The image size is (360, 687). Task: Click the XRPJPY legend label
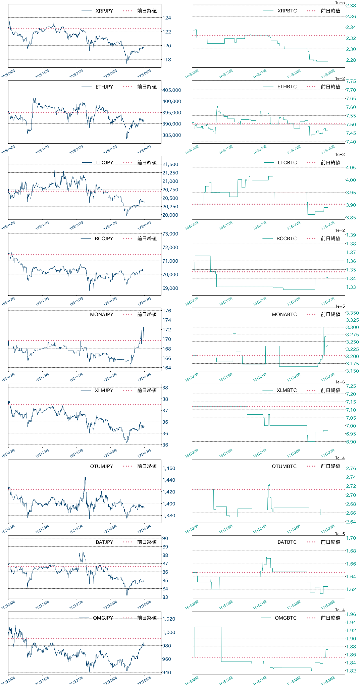click(104, 11)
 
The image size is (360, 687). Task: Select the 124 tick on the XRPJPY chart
click(166, 18)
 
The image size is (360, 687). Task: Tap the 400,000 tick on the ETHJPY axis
click(171, 101)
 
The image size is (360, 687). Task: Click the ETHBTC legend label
click(287, 87)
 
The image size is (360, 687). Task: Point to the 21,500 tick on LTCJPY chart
click(170, 164)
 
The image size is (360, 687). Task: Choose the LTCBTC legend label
click(287, 162)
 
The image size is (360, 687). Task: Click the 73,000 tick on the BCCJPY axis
click(170, 234)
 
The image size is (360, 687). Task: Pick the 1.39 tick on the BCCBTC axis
click(351, 235)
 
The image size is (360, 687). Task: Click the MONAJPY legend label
click(101, 314)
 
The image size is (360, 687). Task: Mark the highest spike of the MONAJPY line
click(141, 324)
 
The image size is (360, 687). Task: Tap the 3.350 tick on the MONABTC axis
click(352, 313)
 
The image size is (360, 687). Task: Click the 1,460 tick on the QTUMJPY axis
click(169, 468)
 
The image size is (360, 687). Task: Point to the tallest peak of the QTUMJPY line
click(85, 477)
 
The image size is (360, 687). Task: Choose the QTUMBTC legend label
click(284, 466)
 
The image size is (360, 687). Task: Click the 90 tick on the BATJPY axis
click(165, 538)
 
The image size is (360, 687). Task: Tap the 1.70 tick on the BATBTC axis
click(351, 538)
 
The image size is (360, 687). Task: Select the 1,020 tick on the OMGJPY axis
click(169, 619)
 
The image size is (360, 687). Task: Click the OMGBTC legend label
click(286, 618)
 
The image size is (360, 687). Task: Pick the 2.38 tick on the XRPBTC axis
click(351, 6)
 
